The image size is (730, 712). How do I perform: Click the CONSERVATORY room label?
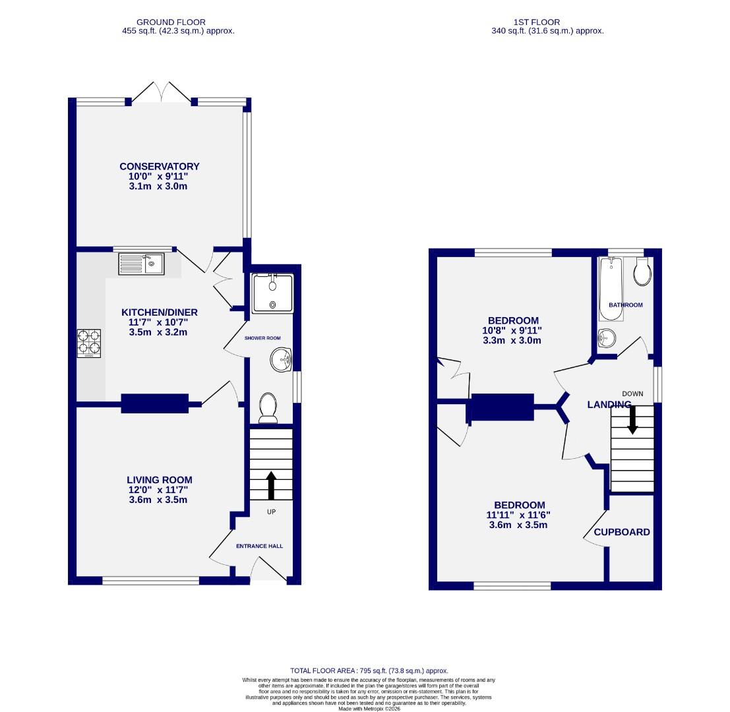point(159,167)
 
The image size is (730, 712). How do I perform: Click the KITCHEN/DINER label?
point(159,312)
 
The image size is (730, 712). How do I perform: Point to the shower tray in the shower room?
point(272,292)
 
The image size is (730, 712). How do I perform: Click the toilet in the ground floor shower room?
point(268,407)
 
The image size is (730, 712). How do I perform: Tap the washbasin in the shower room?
point(280,360)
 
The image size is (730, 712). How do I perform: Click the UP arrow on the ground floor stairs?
point(271,485)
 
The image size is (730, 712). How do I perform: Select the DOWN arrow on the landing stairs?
point(632,419)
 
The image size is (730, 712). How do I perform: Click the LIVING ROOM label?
point(160,480)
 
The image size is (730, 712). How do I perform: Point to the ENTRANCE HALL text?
point(260,546)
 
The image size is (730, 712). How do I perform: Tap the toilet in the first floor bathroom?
point(642,272)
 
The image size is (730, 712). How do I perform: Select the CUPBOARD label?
point(622,532)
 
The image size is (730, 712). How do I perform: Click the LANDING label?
point(609,405)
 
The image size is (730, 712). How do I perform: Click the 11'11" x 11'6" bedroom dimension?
point(518,516)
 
